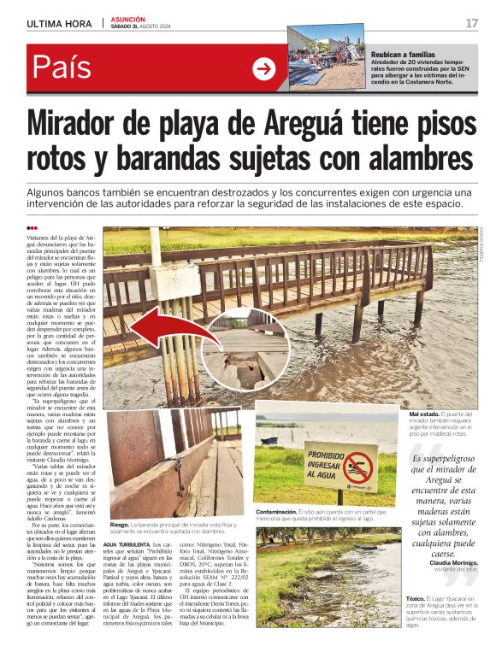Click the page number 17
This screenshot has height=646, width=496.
(471, 23)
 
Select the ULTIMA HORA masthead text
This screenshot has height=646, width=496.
(59, 23)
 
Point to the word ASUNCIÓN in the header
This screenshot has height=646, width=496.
(128, 19)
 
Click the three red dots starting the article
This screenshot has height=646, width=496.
(32, 227)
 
